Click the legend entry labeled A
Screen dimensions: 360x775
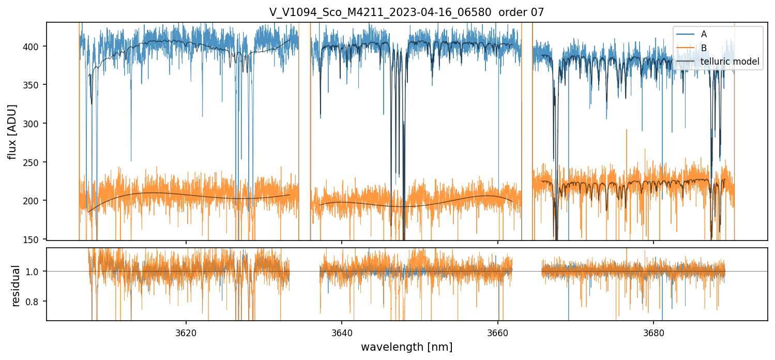pyautogui.click(x=704, y=34)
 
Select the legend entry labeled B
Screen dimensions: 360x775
pyautogui.click(x=704, y=48)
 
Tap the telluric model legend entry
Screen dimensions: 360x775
pyautogui.click(x=730, y=62)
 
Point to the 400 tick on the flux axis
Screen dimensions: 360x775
pyautogui.click(x=35, y=47)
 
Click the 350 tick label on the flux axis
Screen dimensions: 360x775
pyautogui.click(x=35, y=85)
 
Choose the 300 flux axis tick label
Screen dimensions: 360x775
pyautogui.click(x=35, y=124)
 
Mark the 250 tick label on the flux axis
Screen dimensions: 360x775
pyautogui.click(x=35, y=162)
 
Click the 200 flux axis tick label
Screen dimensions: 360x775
pyautogui.click(x=35, y=201)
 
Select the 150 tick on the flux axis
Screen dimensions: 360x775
pyautogui.click(x=35, y=239)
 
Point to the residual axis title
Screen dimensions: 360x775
pyautogui.click(x=16, y=285)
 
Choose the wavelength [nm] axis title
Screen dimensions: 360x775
pyautogui.click(x=406, y=347)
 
